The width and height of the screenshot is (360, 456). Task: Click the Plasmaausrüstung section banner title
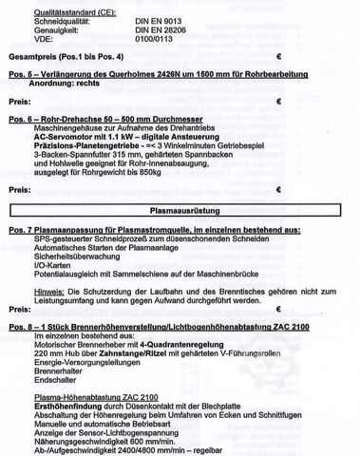tap(182, 205)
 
